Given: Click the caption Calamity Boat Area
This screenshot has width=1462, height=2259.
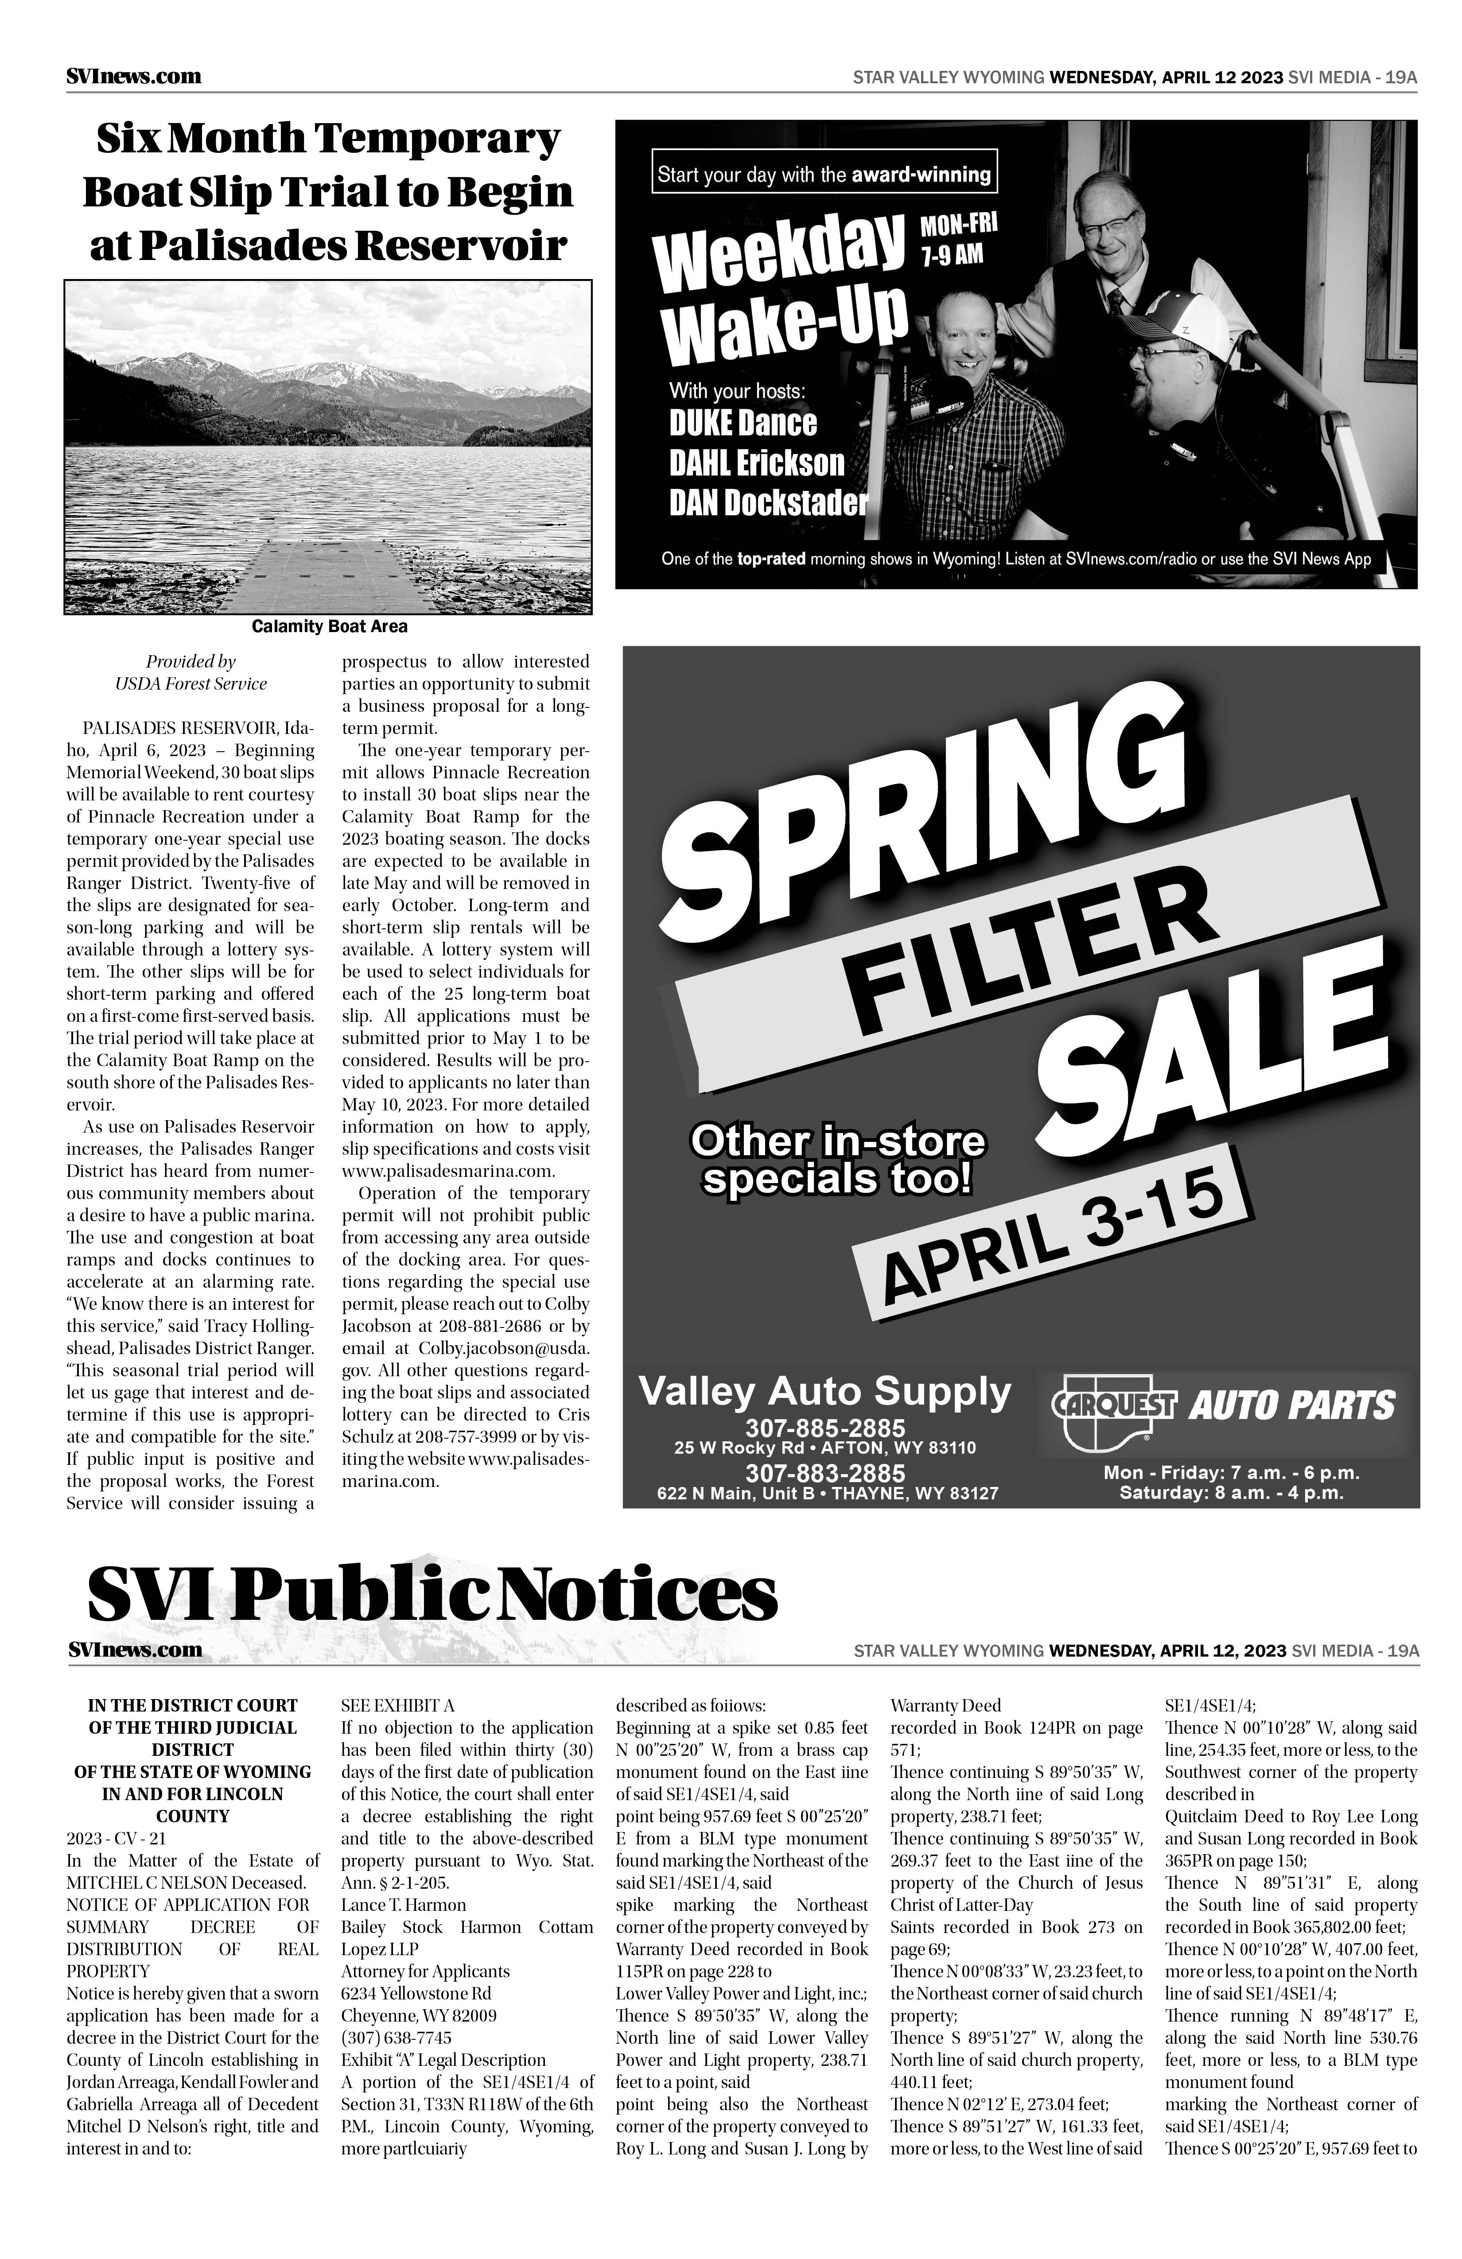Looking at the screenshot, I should point(330,626).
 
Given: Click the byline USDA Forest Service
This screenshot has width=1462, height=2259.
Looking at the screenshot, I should point(191,683).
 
